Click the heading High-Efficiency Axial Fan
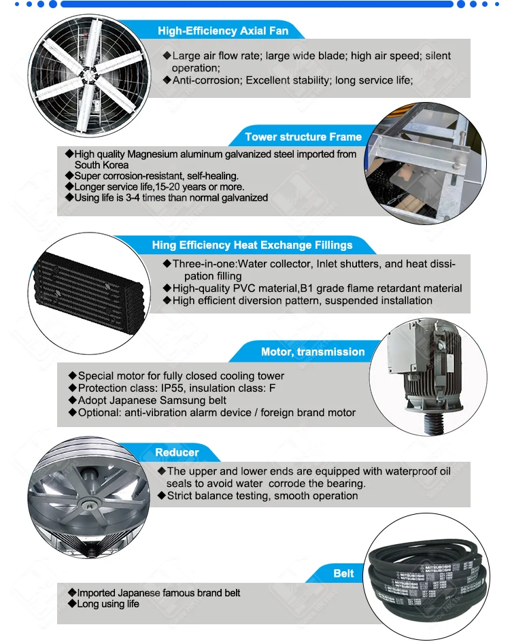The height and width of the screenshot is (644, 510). [223, 31]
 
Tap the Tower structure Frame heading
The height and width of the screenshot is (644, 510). [303, 137]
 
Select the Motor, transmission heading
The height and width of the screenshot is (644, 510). [313, 352]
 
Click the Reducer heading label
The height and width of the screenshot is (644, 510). [177, 452]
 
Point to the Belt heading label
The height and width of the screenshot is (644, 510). [343, 573]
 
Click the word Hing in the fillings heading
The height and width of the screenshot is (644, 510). [163, 245]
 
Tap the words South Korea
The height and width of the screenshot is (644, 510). [101, 165]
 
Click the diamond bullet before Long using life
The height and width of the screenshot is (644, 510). [70, 604]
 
